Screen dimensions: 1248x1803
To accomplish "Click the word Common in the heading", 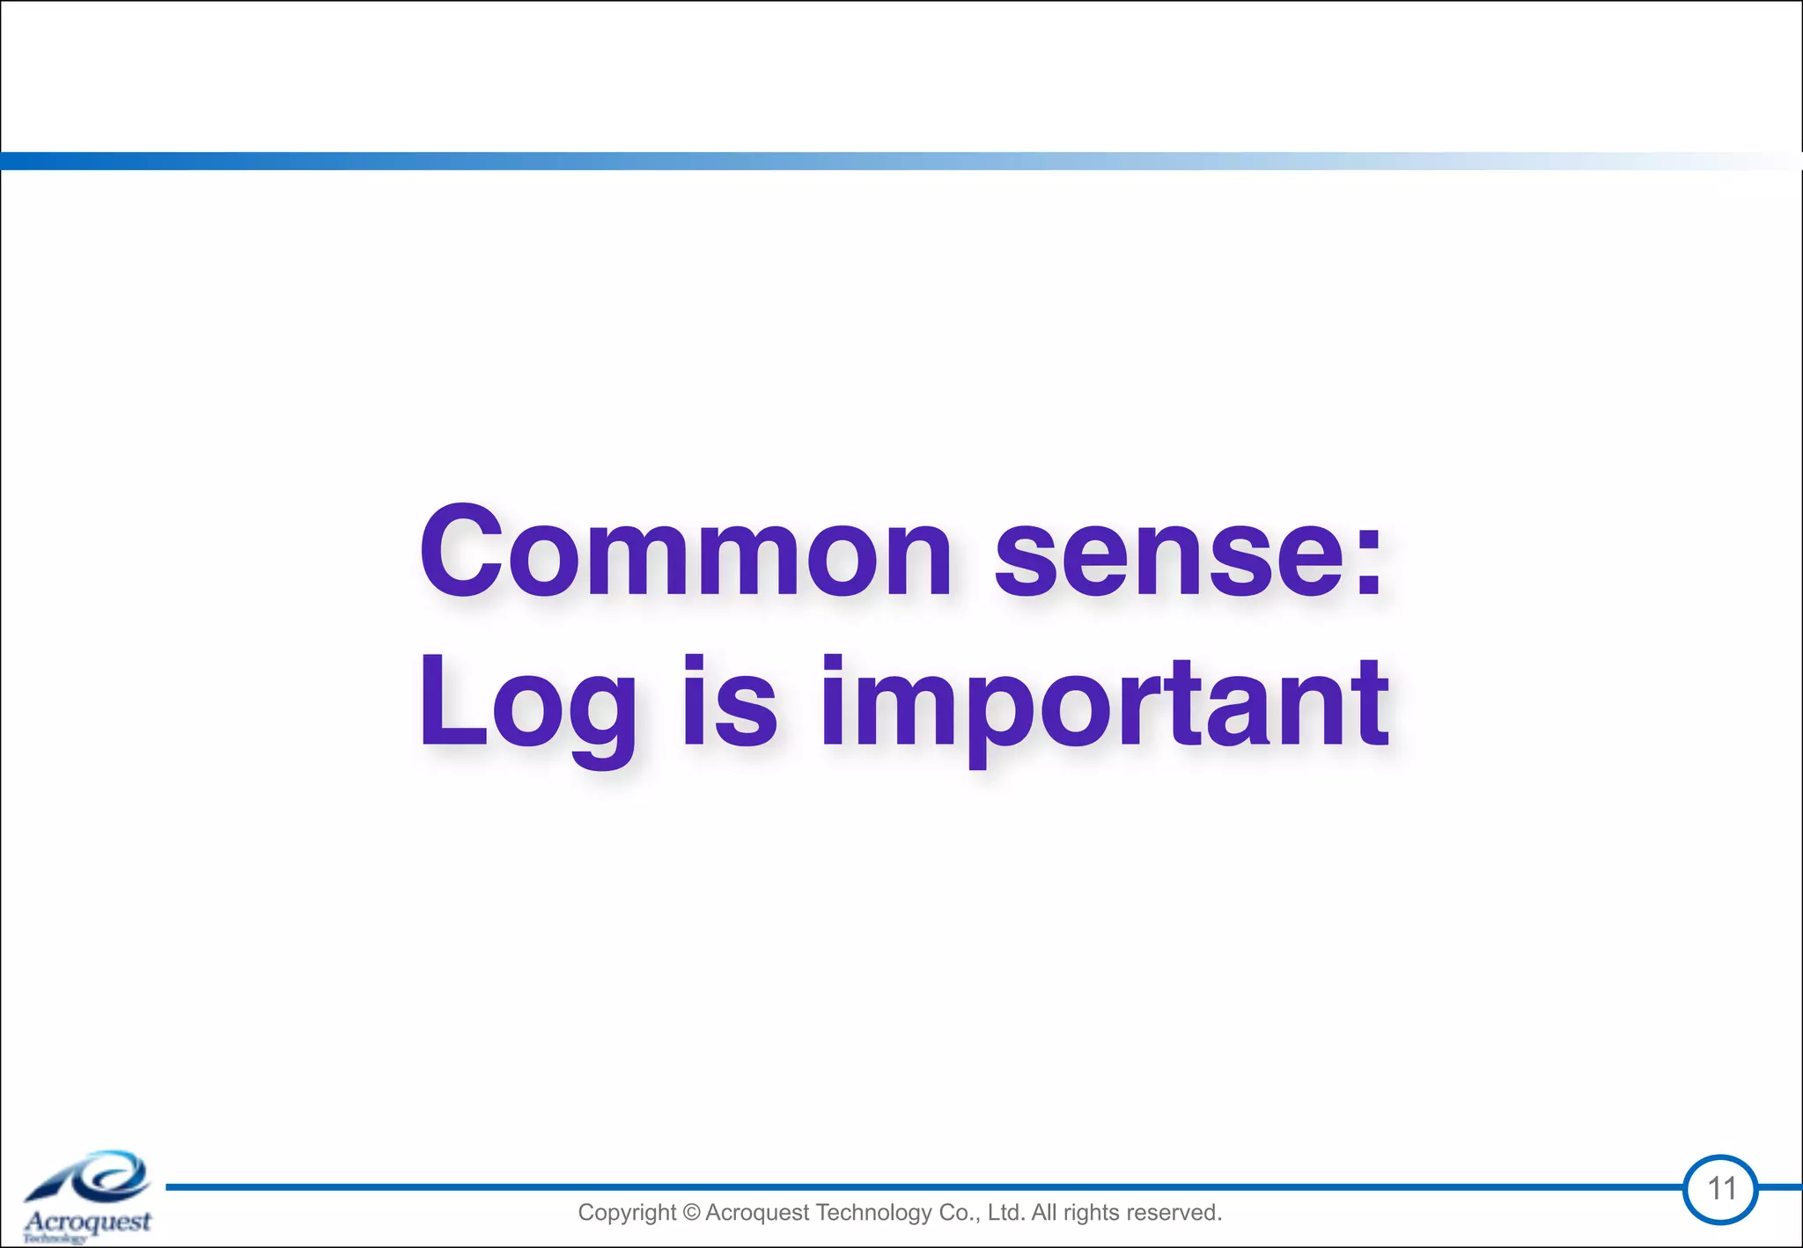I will point(685,552).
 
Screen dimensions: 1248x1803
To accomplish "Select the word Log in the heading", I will point(527,703).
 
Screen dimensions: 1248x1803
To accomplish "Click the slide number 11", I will point(1721,1189).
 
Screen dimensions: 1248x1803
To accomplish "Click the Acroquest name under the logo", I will point(88,1222).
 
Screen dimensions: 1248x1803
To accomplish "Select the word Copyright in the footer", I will point(627,1213).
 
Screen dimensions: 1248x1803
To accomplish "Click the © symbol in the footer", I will point(690,1213).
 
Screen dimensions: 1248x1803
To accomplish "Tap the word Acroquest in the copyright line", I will point(757,1213).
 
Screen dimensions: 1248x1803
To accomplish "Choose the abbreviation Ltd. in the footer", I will point(1006,1213).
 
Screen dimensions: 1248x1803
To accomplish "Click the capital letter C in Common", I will point(460,552).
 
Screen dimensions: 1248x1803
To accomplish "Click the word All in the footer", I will point(1044,1213).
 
